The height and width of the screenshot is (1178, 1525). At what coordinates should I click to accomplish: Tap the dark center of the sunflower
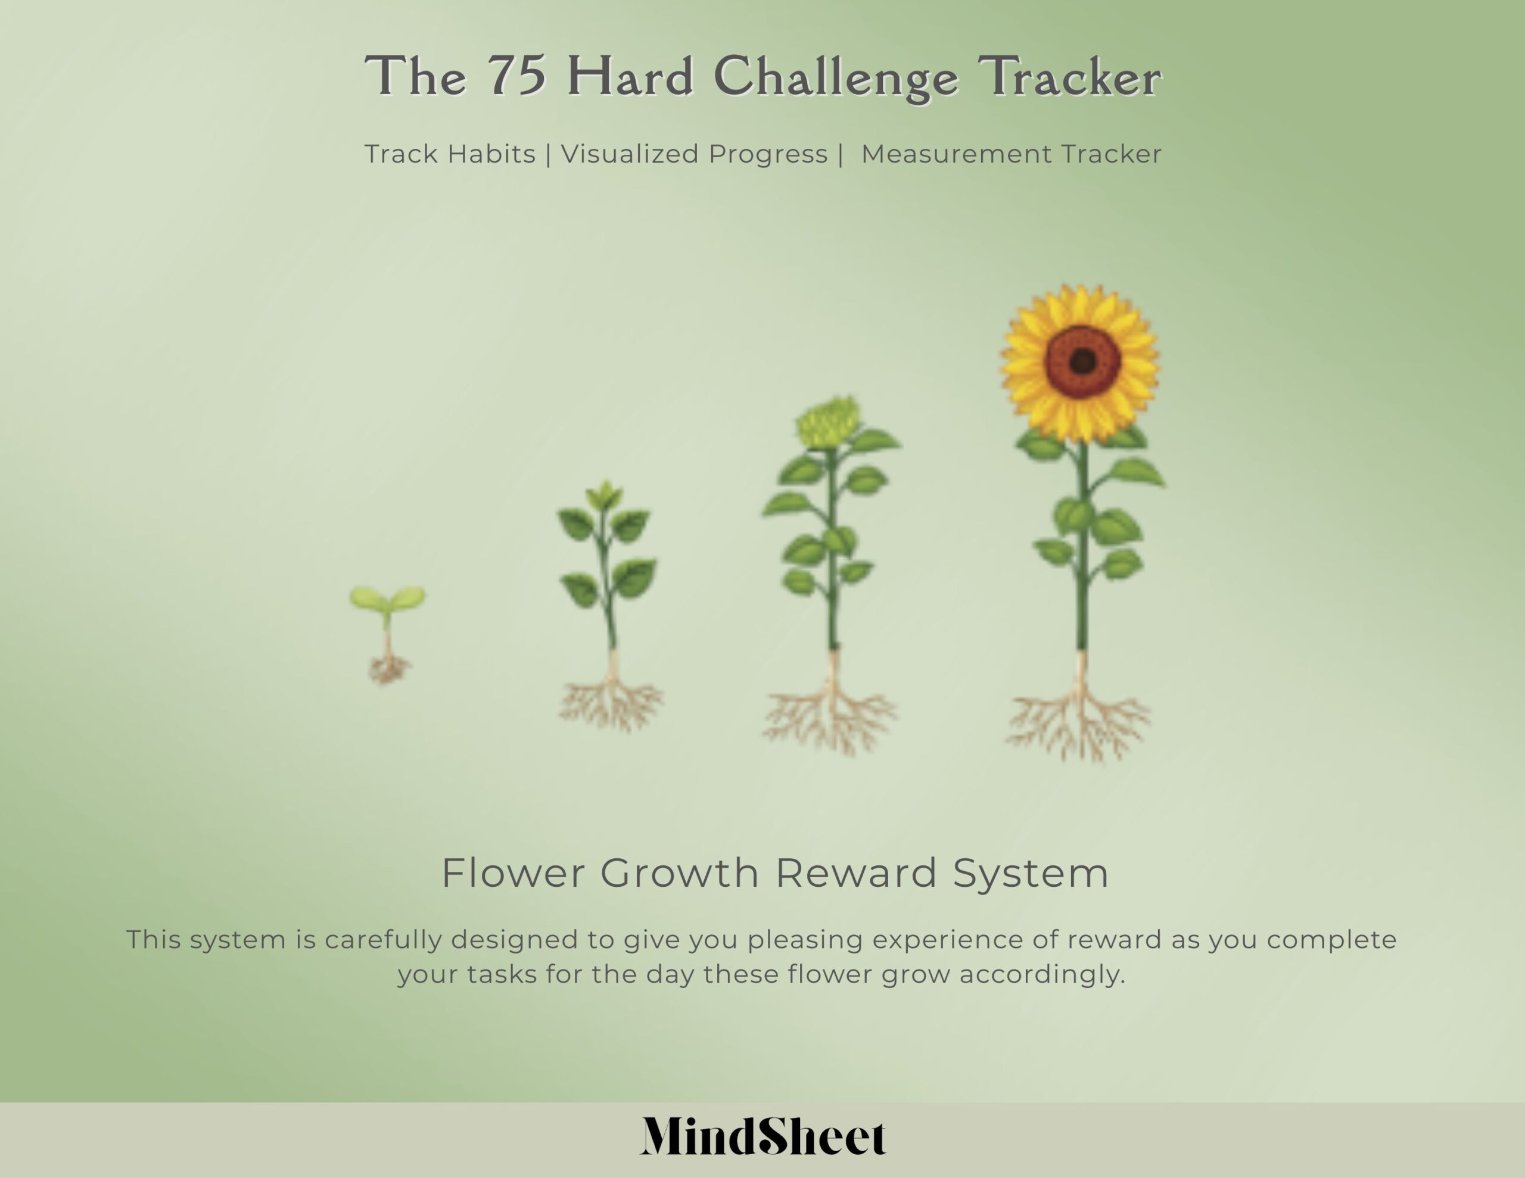point(1082,361)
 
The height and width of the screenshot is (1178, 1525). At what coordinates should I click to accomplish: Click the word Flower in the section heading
point(513,873)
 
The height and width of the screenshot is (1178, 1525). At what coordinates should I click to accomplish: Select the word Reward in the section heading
point(855,873)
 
